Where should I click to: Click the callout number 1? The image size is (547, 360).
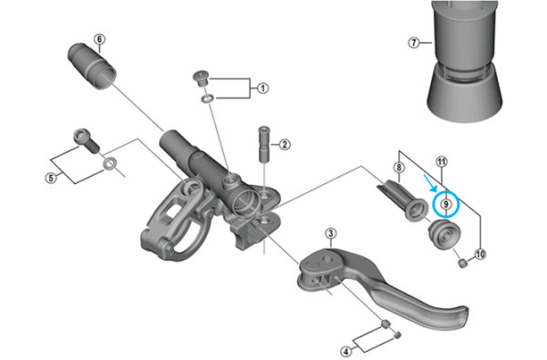(263, 88)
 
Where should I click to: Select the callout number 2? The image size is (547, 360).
(284, 144)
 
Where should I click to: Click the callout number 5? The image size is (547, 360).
(51, 177)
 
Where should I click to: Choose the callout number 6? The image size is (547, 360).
(99, 39)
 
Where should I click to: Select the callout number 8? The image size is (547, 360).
(398, 168)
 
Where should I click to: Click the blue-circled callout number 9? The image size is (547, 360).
(446, 203)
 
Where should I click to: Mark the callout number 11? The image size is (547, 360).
(443, 162)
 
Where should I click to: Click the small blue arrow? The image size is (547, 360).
(430, 191)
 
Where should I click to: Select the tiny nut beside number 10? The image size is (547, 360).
(463, 263)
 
